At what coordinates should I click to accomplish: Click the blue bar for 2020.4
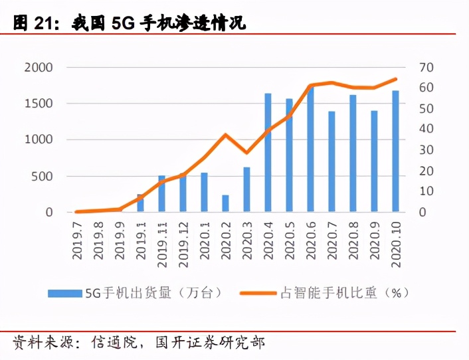(x=268, y=153)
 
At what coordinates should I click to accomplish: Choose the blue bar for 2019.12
(x=183, y=193)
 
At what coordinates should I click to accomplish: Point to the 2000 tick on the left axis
(x=38, y=68)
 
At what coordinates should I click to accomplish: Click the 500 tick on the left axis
(x=43, y=176)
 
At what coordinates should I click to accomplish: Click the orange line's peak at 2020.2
(x=225, y=135)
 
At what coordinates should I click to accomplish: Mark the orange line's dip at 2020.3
(x=246, y=153)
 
